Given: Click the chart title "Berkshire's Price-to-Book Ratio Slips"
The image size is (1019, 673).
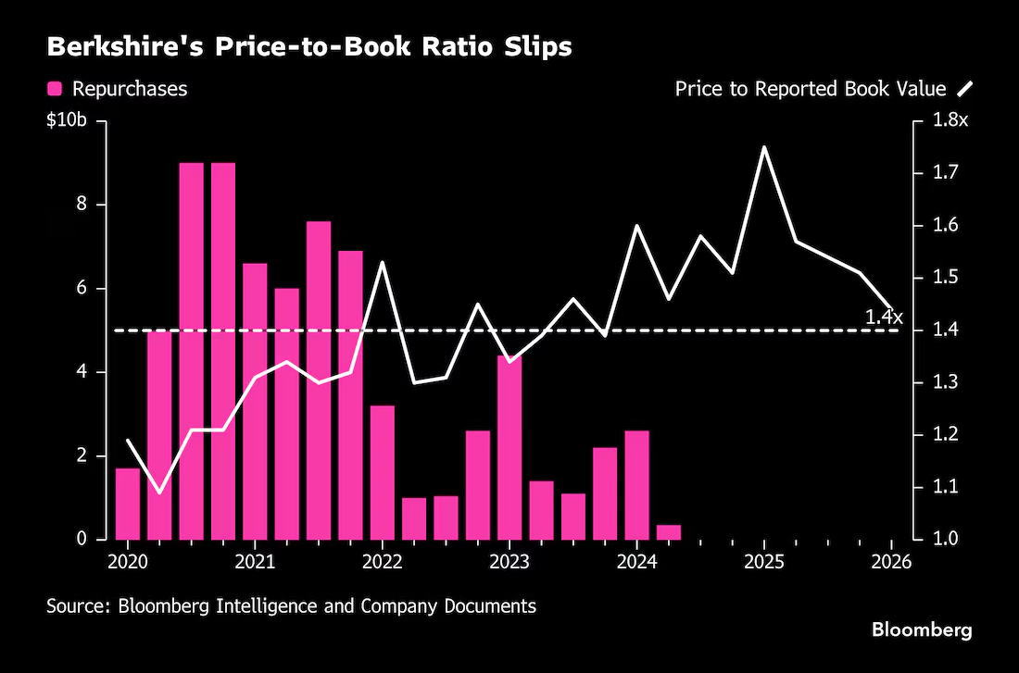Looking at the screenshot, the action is pyautogui.click(x=309, y=47).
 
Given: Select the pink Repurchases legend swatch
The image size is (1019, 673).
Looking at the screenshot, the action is pyautogui.click(x=55, y=89).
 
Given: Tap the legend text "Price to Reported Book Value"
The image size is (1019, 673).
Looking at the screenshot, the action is pyautogui.click(x=811, y=89).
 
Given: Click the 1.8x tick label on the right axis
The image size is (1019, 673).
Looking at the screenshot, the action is pyautogui.click(x=950, y=121).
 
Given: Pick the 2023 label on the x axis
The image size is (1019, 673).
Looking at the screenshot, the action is pyautogui.click(x=509, y=562).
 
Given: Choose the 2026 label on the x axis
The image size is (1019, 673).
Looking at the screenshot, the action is pyautogui.click(x=891, y=562).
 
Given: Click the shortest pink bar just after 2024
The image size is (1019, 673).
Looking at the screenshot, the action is pyautogui.click(x=669, y=532).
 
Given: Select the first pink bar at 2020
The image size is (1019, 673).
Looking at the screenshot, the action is pyautogui.click(x=128, y=505).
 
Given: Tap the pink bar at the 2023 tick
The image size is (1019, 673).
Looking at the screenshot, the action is pyautogui.click(x=509, y=447).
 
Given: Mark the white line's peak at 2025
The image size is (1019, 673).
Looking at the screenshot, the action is pyautogui.click(x=764, y=147).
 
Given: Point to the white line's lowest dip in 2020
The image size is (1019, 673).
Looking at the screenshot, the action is pyautogui.click(x=159, y=492).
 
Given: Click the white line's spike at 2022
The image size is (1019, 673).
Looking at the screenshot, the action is pyautogui.click(x=382, y=263).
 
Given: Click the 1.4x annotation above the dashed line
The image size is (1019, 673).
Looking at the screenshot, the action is pyautogui.click(x=884, y=318).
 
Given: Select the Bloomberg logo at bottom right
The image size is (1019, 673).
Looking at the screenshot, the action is pyautogui.click(x=922, y=629).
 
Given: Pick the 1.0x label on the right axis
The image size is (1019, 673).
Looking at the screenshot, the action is pyautogui.click(x=950, y=539).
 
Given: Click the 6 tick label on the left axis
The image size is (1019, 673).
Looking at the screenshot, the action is pyautogui.click(x=82, y=289).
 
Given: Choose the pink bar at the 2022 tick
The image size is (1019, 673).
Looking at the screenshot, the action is pyautogui.click(x=382, y=473).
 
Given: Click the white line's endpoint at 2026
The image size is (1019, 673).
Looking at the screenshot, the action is pyautogui.click(x=891, y=305).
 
